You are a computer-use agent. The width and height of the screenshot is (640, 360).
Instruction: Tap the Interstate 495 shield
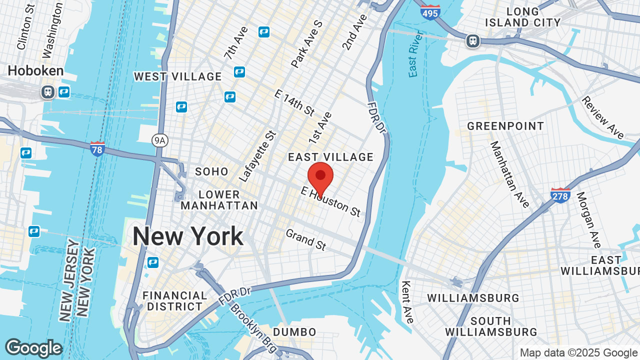[430, 12]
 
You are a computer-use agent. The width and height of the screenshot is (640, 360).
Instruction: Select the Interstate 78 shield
[97, 149]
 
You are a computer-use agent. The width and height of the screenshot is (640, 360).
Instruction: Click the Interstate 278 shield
[560, 195]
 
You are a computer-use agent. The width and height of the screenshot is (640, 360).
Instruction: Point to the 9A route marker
[159, 141]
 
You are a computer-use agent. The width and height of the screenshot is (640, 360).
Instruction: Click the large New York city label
[187, 236]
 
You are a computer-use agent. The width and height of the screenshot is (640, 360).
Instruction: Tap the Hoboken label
[35, 71]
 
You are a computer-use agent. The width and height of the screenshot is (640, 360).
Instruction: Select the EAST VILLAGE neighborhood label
[331, 157]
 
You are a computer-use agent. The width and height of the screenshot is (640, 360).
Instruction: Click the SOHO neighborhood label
[211, 171]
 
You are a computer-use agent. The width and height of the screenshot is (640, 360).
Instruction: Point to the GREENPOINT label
[505, 126]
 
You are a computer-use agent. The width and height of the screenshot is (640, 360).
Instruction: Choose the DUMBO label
[294, 332]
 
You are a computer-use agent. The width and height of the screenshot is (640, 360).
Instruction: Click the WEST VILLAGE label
[177, 76]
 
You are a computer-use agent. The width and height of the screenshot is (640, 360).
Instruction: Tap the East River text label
[414, 54]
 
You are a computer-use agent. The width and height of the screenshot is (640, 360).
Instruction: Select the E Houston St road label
[330, 201]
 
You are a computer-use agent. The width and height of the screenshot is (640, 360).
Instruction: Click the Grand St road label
[306, 239]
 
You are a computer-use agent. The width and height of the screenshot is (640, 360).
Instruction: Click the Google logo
[33, 348]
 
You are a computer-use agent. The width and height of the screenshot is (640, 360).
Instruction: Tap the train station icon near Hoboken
[48, 92]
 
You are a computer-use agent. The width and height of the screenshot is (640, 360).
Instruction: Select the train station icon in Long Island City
[473, 41]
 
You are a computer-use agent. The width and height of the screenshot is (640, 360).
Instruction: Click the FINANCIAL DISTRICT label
[175, 301]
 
